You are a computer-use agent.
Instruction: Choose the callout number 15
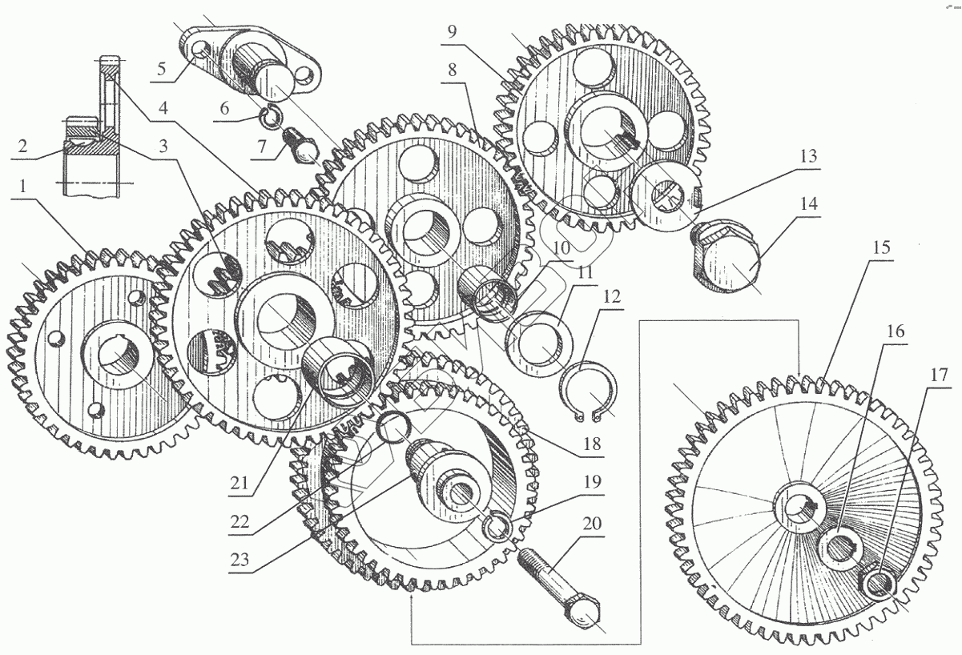pyautogui.click(x=882, y=247)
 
